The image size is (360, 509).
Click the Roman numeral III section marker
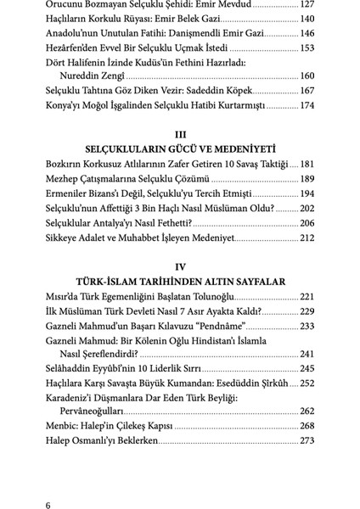point(179,133)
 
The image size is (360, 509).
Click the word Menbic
point(63,427)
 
